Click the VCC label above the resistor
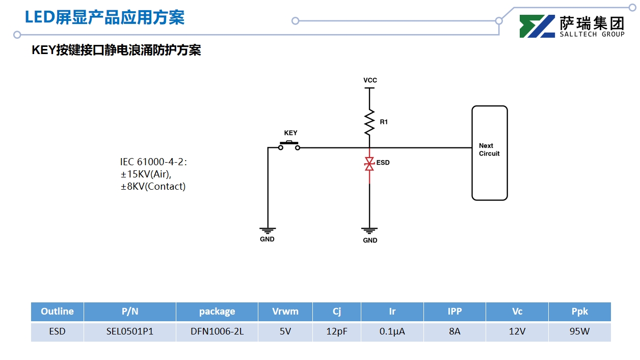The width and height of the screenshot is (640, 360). pos(370,81)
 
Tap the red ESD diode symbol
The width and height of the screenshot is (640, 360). pos(369,164)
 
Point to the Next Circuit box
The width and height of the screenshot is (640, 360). pos(489,152)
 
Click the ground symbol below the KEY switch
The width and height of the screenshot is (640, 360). pos(268,230)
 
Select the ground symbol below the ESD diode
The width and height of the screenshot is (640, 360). pos(369,230)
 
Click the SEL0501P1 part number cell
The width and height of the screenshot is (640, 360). pos(130,331)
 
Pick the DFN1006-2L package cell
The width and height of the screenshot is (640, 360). pos(217,331)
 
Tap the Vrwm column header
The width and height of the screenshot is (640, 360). pos(285,312)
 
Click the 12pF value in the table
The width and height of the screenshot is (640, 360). pos(337,331)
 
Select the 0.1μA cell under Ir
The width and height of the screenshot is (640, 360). pos(392,331)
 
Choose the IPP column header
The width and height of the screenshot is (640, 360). pos(455,312)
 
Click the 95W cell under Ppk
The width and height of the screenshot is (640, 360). pos(579,331)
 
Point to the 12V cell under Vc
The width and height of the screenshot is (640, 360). pos(517,331)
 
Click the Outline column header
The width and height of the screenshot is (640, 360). pos(57,312)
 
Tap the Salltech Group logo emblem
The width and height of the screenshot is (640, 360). pos(537,27)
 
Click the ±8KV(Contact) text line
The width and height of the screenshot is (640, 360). pos(153,187)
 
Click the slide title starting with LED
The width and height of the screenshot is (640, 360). pos(104,18)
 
